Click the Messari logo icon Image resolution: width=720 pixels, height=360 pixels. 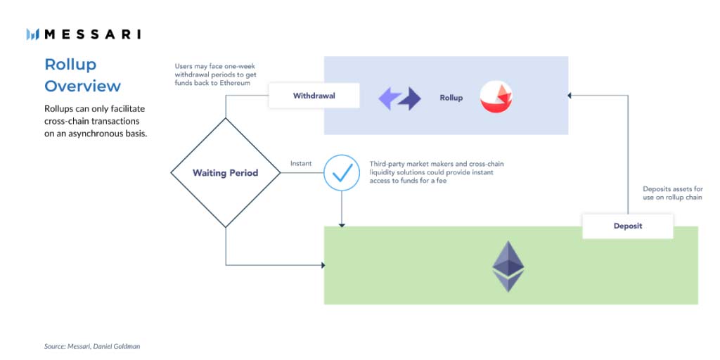(32, 34)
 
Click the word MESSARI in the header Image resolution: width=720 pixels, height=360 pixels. (92, 34)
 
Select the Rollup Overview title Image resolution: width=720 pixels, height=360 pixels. (83, 75)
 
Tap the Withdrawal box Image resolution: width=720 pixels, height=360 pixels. (314, 96)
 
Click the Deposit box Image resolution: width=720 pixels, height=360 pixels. (628, 226)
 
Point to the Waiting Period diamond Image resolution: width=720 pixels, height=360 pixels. (226, 173)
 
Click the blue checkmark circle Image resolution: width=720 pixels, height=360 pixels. (342, 173)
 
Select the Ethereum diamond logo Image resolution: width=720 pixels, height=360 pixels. (508, 266)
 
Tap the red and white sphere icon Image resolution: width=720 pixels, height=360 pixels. (496, 97)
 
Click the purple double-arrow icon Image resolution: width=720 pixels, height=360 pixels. (399, 98)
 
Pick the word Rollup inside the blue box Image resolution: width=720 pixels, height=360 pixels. (451, 98)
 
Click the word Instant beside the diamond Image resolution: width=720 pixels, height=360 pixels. (301, 163)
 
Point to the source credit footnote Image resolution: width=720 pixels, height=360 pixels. (92, 346)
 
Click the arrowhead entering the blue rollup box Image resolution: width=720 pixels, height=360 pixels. (570, 96)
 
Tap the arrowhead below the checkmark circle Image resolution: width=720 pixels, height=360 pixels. (342, 225)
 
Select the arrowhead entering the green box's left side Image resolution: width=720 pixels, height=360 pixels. (323, 265)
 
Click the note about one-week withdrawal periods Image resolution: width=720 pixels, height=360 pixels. (216, 75)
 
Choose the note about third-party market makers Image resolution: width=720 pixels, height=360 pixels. (437, 172)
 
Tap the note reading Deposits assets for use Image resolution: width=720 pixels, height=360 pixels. (673, 193)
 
